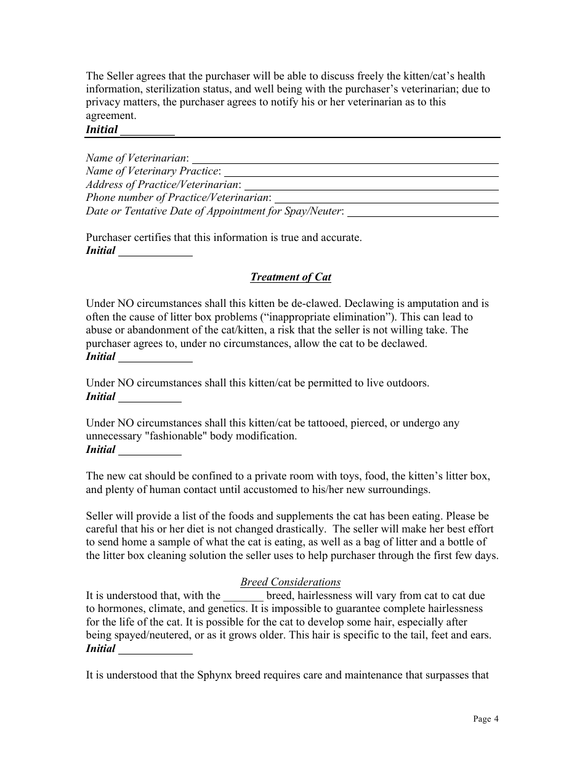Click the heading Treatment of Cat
pos(291,277)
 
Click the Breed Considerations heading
pos(290,582)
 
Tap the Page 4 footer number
pos(486,719)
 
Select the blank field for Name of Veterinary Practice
pos(361,172)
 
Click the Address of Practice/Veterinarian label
pos(163,184)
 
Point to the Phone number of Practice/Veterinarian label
pos(177,197)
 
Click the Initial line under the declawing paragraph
pos(155,357)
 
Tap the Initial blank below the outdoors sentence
pos(149,397)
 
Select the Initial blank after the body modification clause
pos(149,450)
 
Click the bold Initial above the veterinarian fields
pos(102,129)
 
